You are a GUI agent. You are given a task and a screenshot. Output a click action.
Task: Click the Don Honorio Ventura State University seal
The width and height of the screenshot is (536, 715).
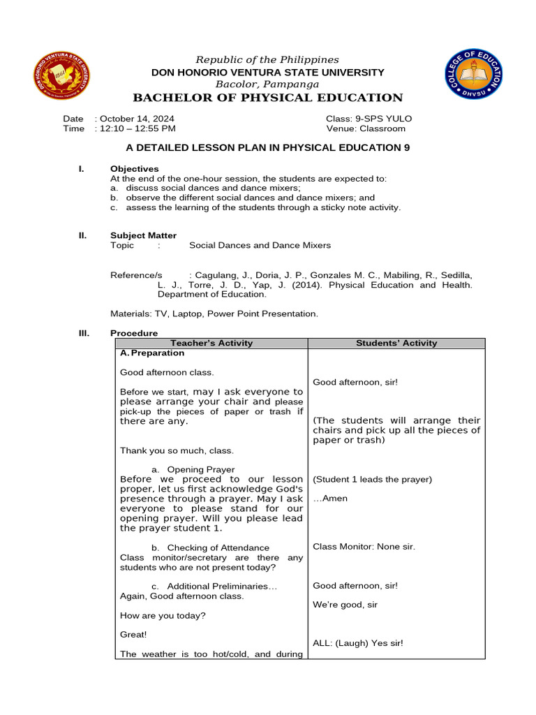(x=61, y=77)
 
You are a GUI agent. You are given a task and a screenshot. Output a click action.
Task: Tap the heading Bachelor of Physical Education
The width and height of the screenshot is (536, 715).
(x=268, y=98)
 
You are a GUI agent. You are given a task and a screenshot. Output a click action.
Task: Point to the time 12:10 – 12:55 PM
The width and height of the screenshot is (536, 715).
(x=136, y=128)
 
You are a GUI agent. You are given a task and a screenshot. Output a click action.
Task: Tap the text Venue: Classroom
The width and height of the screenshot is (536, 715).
(x=365, y=128)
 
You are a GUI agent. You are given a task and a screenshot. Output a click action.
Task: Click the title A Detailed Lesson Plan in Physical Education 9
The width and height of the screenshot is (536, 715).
(x=267, y=148)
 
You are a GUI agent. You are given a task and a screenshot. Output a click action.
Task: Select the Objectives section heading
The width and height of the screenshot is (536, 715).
(x=134, y=169)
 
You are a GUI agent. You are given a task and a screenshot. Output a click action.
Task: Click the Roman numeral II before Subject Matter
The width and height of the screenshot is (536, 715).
(x=82, y=235)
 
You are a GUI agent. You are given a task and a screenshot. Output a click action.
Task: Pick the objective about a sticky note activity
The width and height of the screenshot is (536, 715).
(x=255, y=207)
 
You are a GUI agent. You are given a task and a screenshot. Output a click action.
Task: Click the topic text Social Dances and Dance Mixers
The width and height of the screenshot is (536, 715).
(x=260, y=245)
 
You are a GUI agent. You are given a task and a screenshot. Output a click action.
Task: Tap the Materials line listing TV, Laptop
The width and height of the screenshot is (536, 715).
(x=214, y=314)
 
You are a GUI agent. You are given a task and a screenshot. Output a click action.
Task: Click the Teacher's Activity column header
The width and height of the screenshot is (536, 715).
(x=211, y=343)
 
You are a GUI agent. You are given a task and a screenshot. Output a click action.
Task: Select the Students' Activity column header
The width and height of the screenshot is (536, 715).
(x=396, y=343)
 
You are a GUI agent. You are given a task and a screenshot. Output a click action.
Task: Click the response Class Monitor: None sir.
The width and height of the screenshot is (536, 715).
(x=364, y=546)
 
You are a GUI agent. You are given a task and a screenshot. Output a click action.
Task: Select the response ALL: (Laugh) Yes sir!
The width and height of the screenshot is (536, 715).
(x=357, y=643)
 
